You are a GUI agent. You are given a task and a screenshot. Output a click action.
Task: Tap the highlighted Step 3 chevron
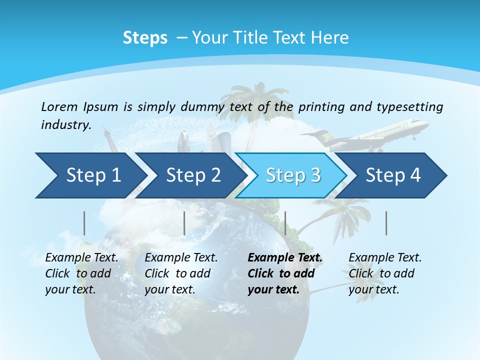click(x=293, y=175)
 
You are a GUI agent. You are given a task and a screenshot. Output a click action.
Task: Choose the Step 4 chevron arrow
click(x=393, y=175)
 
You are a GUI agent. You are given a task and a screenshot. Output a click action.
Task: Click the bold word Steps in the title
click(x=145, y=38)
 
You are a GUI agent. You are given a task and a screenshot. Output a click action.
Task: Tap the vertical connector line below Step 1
click(x=84, y=223)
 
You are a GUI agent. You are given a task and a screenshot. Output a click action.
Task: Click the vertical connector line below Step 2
click(x=184, y=223)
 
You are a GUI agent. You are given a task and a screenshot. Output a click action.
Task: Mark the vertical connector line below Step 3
click(x=285, y=223)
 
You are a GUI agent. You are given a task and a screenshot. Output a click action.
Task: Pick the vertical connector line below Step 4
click(x=386, y=223)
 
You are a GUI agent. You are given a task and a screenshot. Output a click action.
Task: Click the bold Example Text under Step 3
click(x=285, y=258)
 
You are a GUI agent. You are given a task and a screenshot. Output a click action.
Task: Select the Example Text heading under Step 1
click(x=81, y=258)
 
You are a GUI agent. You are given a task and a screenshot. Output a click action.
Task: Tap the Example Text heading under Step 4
click(x=385, y=258)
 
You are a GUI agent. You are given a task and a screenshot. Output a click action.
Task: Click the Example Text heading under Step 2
click(x=181, y=258)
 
